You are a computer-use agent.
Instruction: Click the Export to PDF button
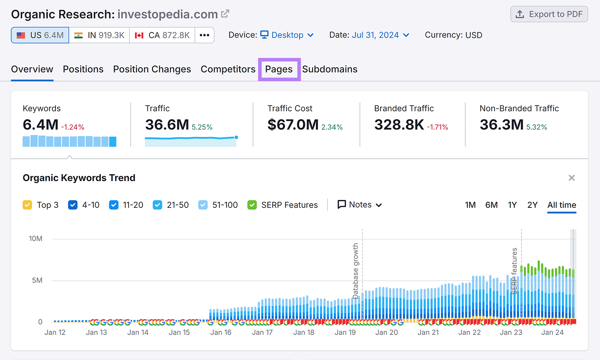point(549,14)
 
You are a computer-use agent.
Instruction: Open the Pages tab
point(279,69)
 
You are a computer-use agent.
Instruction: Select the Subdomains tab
point(330,69)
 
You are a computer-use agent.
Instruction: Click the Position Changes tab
point(152,69)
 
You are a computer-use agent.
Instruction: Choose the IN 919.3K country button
point(99,35)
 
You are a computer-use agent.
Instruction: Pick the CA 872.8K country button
point(162,35)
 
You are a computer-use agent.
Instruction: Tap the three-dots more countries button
point(204,35)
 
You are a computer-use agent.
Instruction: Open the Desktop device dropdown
point(287,35)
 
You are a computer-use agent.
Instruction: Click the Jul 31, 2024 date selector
point(375,35)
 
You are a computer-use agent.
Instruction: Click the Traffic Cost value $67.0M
point(293,125)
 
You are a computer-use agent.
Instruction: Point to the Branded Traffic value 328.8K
point(399,125)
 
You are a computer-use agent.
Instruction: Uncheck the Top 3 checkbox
point(27,205)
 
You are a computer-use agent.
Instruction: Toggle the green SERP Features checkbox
point(252,205)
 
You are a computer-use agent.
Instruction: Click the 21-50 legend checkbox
point(157,205)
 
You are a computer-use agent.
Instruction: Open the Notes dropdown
point(360,205)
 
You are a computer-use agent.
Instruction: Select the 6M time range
point(491,205)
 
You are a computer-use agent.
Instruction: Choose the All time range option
point(561,205)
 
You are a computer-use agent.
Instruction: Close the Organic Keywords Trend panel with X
point(571,178)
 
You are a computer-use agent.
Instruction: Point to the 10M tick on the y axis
point(36,239)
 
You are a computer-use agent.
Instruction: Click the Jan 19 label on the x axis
point(345,333)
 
